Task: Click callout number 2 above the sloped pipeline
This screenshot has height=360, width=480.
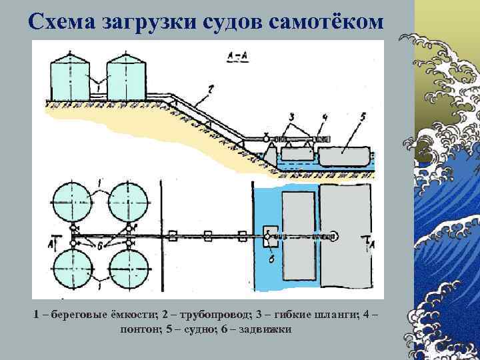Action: click(x=210, y=87)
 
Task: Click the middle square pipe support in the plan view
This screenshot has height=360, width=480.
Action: click(x=208, y=235)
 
